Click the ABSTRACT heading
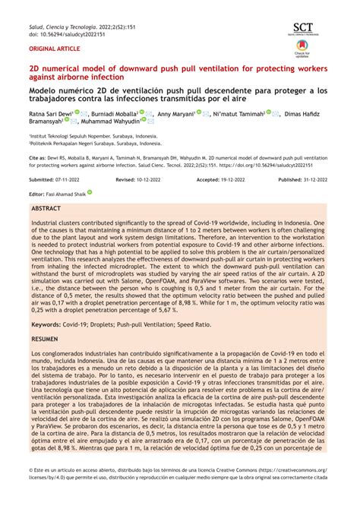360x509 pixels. (x=46, y=207)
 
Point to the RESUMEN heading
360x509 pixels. (x=46, y=338)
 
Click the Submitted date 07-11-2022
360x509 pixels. (x=69, y=180)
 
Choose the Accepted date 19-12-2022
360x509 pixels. (x=238, y=180)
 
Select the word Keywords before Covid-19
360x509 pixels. (x=46, y=324)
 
